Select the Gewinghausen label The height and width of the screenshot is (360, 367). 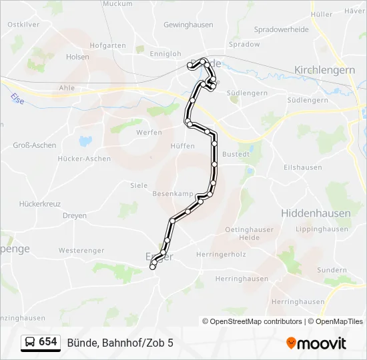click(188, 25)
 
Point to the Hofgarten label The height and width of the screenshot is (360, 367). click(107, 45)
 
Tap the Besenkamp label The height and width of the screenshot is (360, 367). click(173, 193)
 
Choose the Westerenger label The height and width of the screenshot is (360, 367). click(81, 251)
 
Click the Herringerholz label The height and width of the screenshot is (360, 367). click(222, 254)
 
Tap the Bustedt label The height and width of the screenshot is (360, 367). click(236, 154)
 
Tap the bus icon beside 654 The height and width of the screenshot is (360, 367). click(29, 342)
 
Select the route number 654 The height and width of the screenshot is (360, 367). click(48, 342)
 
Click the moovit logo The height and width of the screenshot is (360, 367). click(317, 343)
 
